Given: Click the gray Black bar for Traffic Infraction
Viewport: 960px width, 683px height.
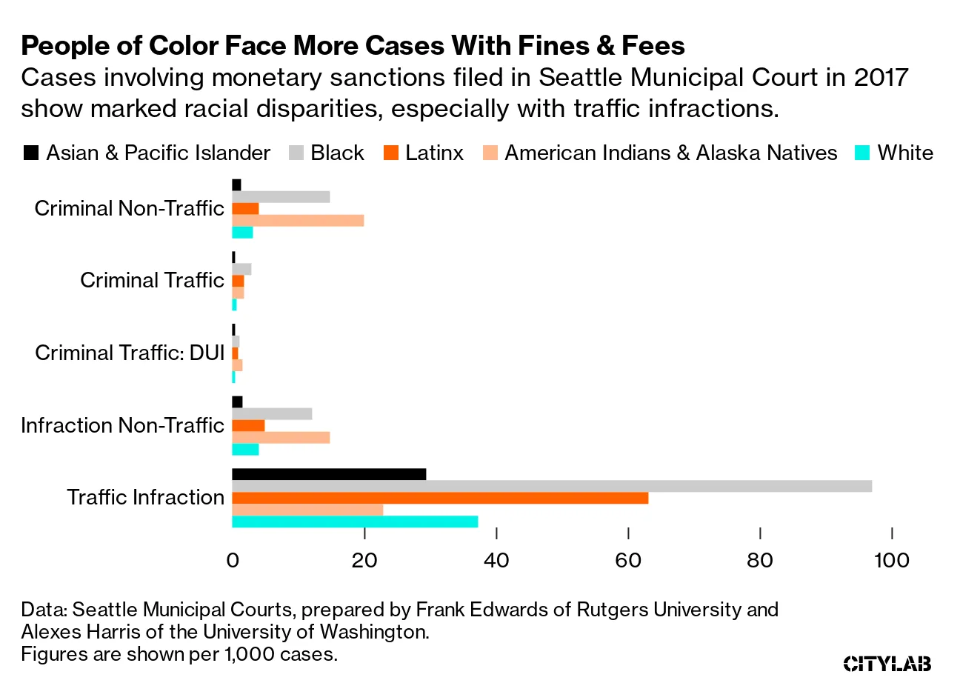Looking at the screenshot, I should coord(551,486).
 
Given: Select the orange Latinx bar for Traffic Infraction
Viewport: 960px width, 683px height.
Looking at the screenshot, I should coord(440,498).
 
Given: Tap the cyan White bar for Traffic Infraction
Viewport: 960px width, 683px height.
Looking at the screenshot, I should coord(355,522).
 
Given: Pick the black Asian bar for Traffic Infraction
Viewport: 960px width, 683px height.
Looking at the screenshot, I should coord(329,474).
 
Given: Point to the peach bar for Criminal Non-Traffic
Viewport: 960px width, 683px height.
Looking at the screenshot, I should coord(298,221).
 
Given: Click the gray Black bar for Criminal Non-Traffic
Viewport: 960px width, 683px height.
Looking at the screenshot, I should coord(281,197).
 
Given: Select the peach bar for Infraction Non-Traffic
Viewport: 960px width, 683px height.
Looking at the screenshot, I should coord(281,437).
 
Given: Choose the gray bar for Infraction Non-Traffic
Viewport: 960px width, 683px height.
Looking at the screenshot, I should coord(272,413).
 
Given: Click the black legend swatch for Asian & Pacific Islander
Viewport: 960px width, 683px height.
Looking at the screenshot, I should coord(30,153).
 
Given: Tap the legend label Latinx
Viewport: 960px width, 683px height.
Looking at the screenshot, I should coord(434,153).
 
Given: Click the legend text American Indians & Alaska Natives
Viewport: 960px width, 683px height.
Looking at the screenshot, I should coord(671,153).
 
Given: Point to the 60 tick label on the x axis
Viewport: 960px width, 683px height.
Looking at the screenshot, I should coord(628,561).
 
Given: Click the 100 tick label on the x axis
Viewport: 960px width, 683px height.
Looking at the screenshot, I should coord(893,561).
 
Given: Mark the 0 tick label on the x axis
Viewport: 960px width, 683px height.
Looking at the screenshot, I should coord(233,561).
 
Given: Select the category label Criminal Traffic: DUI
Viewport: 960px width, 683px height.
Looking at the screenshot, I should coord(130,353).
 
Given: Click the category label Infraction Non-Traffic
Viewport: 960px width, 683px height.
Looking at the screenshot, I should coord(122,425).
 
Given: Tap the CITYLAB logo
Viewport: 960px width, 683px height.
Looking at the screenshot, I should coord(887,663).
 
